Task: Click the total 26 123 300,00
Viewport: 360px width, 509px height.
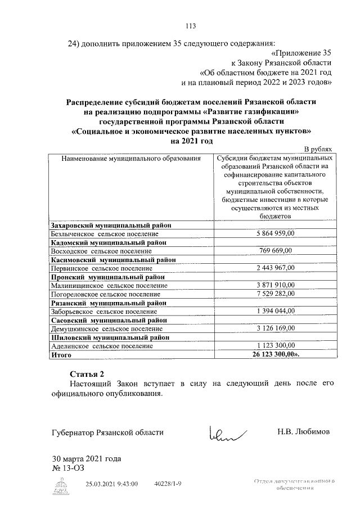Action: point(276,355)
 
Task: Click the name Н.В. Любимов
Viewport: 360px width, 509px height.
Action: point(304,432)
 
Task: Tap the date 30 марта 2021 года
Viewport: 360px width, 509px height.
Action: point(86,458)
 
